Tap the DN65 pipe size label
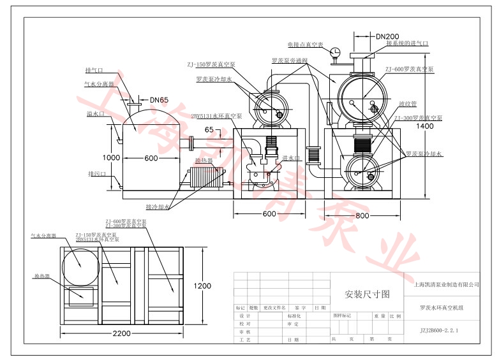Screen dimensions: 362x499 [160, 100]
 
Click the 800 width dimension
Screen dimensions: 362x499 [362, 215]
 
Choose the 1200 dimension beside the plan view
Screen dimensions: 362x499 [203, 286]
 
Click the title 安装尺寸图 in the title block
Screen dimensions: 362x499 [366, 294]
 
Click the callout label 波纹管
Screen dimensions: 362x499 [407, 103]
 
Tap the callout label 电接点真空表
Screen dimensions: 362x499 [305, 45]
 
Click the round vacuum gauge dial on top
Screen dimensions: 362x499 [336, 52]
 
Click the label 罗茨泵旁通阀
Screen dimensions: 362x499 [290, 61]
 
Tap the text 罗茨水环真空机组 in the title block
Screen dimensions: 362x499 [442, 308]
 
